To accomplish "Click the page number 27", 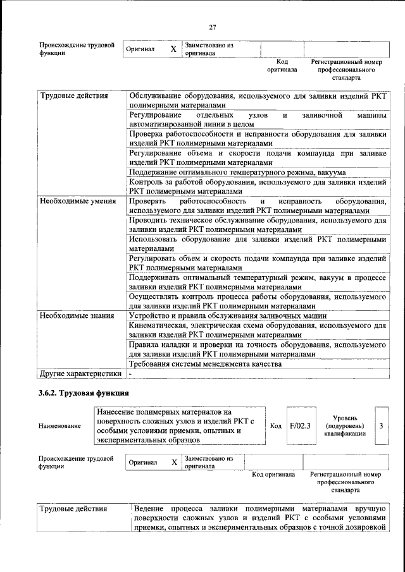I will coord(213,27).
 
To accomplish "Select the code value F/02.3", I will coord(299,425).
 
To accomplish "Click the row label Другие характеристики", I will coord(80,373).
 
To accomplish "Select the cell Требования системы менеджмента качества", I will coord(204,364).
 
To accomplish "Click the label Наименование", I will coord(59,426).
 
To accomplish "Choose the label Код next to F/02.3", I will coord(275,425).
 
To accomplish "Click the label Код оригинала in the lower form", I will coord(273,474).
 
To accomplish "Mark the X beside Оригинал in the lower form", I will coord(174,462).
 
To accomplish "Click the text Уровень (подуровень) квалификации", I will coord(345,426).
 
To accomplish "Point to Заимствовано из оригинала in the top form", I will coord(209,49).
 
